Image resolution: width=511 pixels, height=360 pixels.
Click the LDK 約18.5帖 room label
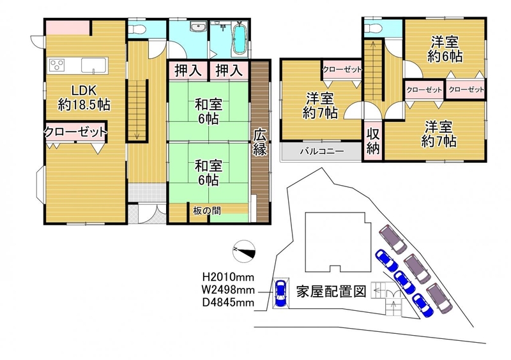coord(84,98)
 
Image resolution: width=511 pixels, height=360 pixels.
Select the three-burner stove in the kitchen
coord(57,64)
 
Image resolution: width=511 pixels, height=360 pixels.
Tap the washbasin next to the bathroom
coord(198,27)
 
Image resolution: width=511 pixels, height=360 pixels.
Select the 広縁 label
coord(261,142)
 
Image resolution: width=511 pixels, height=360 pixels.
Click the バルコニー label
coord(322,151)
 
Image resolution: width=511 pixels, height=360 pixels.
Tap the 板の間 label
coord(206,211)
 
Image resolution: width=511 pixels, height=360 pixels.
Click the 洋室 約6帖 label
coord(445,49)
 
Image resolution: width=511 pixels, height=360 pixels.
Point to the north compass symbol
coord(244,251)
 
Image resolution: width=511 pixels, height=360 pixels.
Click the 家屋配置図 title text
coord(331,291)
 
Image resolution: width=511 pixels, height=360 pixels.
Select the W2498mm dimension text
coord(228,290)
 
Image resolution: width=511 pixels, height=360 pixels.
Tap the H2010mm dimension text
coord(228,277)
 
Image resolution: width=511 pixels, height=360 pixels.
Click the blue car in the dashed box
coord(280,293)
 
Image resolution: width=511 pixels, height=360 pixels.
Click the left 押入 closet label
coord(187,71)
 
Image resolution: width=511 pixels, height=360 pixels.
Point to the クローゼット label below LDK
coord(75,132)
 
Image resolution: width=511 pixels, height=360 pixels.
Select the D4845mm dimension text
coord(228,303)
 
